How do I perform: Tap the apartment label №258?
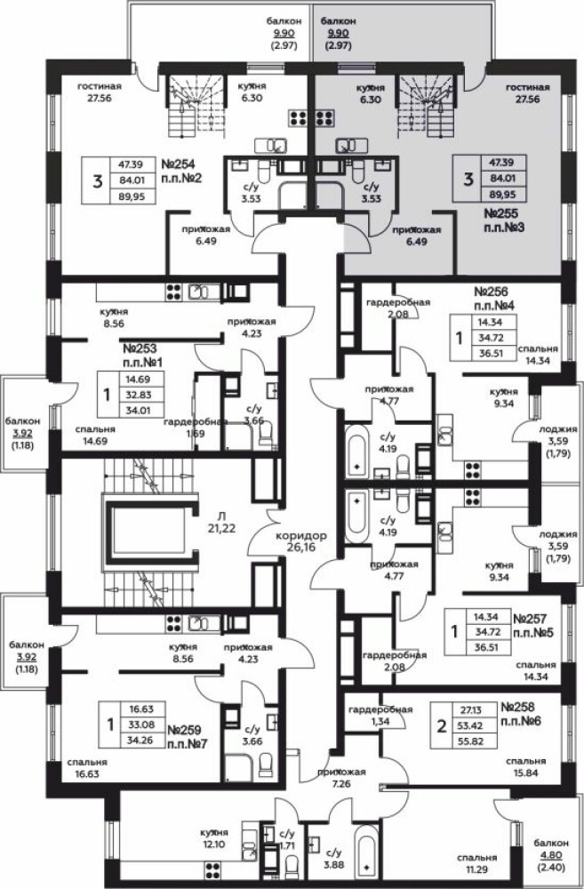[518, 708]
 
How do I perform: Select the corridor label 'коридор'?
[300, 535]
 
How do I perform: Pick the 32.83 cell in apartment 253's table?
[133, 395]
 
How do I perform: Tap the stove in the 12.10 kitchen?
[212, 870]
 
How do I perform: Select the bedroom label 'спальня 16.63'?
[87, 768]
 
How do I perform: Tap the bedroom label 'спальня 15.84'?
[527, 766]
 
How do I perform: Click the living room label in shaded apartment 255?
[528, 92]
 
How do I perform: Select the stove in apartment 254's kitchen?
[298, 117]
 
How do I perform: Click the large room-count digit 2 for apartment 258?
[441, 726]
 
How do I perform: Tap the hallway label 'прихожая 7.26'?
[341, 777]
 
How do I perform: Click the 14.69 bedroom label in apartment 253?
[95, 435]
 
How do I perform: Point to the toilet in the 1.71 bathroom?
[292, 866]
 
